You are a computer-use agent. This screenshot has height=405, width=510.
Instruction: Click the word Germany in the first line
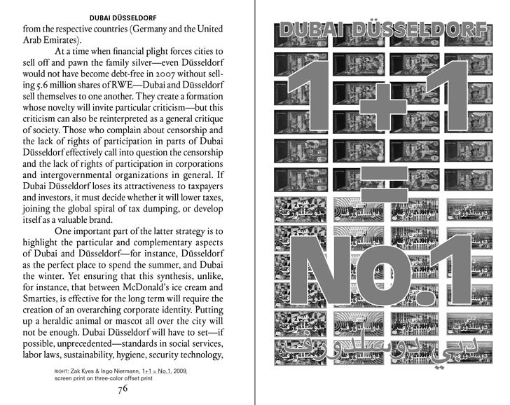[x=146, y=30]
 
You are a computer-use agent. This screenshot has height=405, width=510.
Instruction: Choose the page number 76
[x=123, y=390]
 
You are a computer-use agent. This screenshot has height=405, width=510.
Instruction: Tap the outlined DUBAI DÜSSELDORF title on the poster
[x=383, y=31]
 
